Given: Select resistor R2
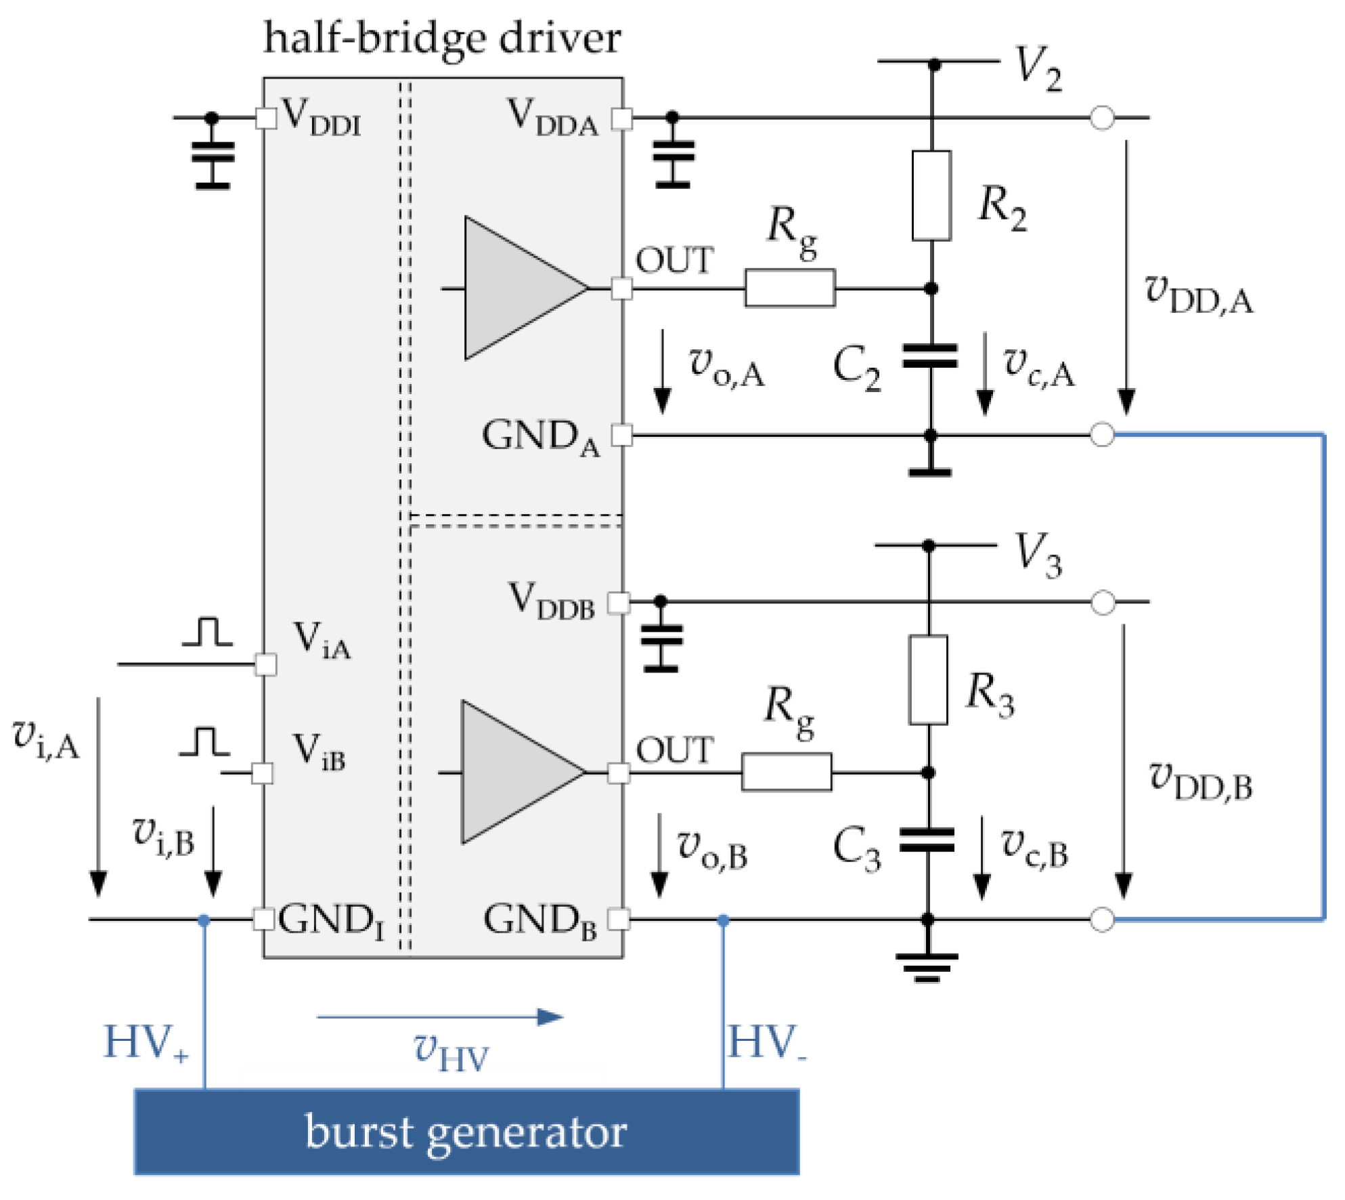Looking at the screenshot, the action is coord(931,196).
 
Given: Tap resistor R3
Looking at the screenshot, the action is coord(928,680).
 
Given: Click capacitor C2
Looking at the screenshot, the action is coord(930,356).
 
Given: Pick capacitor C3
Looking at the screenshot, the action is coord(927,840).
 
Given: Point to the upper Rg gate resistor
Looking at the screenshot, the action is coord(790,288).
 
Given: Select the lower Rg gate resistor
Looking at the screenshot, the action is coord(787,772).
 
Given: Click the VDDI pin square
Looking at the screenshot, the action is coord(266,118).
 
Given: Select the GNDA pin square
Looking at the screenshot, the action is coord(621,435).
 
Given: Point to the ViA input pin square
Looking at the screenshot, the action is coord(265,664).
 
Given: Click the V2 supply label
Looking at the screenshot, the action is coord(1038,68).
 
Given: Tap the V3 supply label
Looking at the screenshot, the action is coord(1038,555).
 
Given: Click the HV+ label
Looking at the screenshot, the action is coord(146,1043).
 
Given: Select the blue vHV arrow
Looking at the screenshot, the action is coord(440,1016).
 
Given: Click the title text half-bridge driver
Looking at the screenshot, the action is coord(442,38).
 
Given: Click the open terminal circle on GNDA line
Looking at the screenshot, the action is coord(1102,435).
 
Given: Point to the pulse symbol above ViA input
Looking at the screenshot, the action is coord(207,631).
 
